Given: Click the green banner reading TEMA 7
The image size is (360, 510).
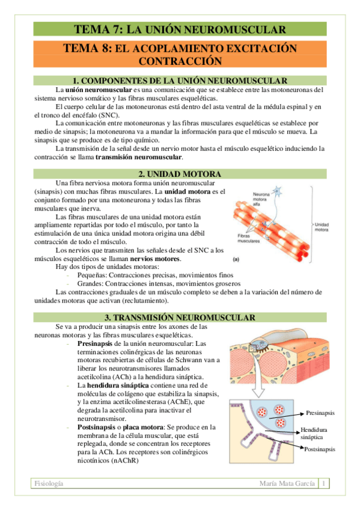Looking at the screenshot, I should click(x=180, y=29).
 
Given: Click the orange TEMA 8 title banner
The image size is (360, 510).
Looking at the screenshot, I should click(x=180, y=54).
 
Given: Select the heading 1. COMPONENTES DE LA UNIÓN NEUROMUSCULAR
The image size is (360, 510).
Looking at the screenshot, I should click(x=180, y=81).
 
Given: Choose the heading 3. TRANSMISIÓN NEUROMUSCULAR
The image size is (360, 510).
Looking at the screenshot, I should click(x=180, y=318).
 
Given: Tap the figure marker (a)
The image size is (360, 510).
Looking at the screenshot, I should click(x=236, y=261).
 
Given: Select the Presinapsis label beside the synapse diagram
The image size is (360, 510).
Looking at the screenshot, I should click(x=320, y=413).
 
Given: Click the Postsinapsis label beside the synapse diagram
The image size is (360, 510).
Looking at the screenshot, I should click(x=319, y=449).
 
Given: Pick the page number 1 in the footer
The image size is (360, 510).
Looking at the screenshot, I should click(x=324, y=483).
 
